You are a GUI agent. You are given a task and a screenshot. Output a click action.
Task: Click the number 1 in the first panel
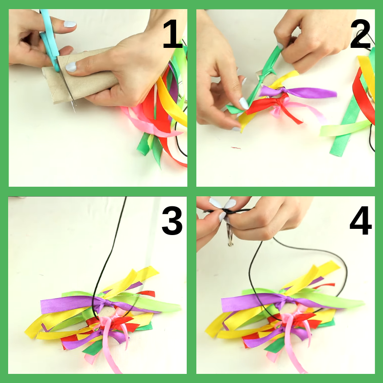pyautogui.click(x=173, y=34)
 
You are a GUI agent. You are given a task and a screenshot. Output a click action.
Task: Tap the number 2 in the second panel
pyautogui.click(x=360, y=34)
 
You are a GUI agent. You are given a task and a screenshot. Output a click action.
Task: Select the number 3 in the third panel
pyautogui.click(x=172, y=221)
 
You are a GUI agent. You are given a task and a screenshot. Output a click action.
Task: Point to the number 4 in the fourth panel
pyautogui.click(x=360, y=221)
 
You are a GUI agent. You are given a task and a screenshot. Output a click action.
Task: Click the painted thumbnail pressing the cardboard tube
pyautogui.click(x=71, y=67)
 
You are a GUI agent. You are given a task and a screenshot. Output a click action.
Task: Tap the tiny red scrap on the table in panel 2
pyautogui.click(x=236, y=148)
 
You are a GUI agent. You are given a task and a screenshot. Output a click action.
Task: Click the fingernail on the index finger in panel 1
pyautogui.click(x=70, y=24)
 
